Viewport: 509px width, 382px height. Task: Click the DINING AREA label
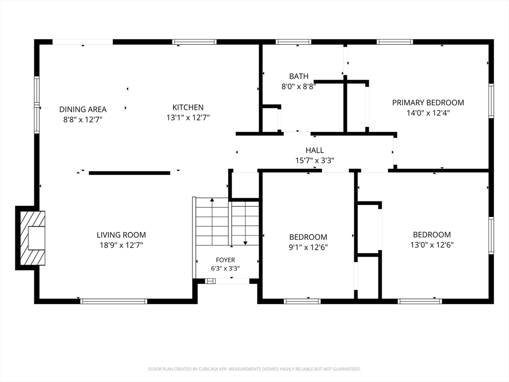pos(83,109)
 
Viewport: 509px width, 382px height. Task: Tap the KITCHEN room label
pos(188,107)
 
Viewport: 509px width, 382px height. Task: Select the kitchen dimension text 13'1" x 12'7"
pos(188,117)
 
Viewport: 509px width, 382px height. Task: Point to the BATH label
pos(299,76)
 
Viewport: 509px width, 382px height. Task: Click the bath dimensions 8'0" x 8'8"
pos(299,87)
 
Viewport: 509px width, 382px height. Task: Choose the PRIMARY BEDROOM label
pos(428,102)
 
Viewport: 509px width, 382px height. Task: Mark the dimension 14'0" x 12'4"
pos(428,113)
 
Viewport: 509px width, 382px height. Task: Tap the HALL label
pos(315,150)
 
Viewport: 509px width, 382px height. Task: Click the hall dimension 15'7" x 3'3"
pos(315,160)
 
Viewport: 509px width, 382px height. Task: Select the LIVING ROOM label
pos(121,235)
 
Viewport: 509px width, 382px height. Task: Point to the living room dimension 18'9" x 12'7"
pos(121,245)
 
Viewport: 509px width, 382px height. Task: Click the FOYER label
pos(225,260)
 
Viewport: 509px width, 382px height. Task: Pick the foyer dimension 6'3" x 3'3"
pos(225,268)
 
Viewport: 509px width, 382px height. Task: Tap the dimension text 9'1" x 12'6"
pos(308,247)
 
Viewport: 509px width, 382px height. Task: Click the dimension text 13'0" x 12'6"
pos(432,245)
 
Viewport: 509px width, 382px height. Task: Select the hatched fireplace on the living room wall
pos(32,238)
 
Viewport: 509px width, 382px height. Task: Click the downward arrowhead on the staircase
pos(246,243)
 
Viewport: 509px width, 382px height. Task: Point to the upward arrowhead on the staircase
pos(212,200)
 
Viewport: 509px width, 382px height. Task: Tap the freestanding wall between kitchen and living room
pos(129,173)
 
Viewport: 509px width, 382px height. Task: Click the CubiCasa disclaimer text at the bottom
pos(254,369)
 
